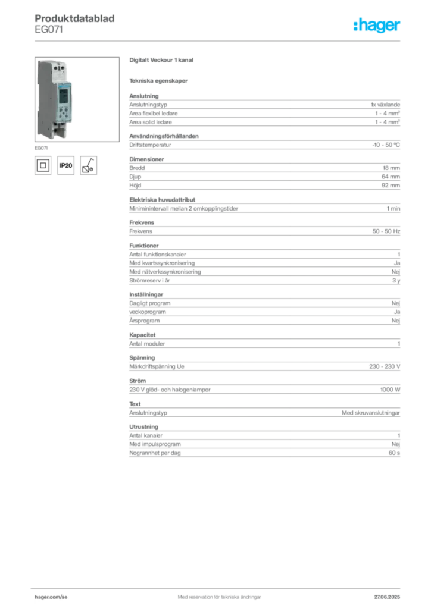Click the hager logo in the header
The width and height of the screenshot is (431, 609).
[x=376, y=25]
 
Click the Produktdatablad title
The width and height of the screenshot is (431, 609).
[x=74, y=18]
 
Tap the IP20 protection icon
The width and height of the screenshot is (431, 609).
[x=65, y=165]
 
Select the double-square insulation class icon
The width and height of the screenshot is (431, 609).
[x=43, y=165]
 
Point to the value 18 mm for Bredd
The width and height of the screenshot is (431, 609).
[x=391, y=168]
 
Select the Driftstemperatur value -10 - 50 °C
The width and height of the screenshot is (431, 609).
[x=386, y=145]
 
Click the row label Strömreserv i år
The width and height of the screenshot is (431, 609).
[x=149, y=281]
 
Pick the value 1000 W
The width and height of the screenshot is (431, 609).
[x=390, y=390]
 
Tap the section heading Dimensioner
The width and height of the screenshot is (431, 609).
[x=146, y=159]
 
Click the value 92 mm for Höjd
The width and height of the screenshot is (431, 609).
[x=391, y=186]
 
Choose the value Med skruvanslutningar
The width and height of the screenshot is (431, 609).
[x=371, y=413]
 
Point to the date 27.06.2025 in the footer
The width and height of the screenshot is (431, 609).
[x=387, y=597]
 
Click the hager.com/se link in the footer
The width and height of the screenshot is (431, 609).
[x=51, y=597]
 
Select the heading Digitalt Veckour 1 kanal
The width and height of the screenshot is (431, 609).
[x=161, y=60]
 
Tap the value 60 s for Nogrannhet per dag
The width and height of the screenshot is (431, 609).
[x=394, y=453]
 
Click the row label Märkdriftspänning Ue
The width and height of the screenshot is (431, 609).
[x=157, y=366]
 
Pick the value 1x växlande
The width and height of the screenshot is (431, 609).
[x=385, y=105]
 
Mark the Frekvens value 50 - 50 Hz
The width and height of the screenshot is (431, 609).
[x=386, y=231]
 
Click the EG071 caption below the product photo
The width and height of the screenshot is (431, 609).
[x=41, y=148]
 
